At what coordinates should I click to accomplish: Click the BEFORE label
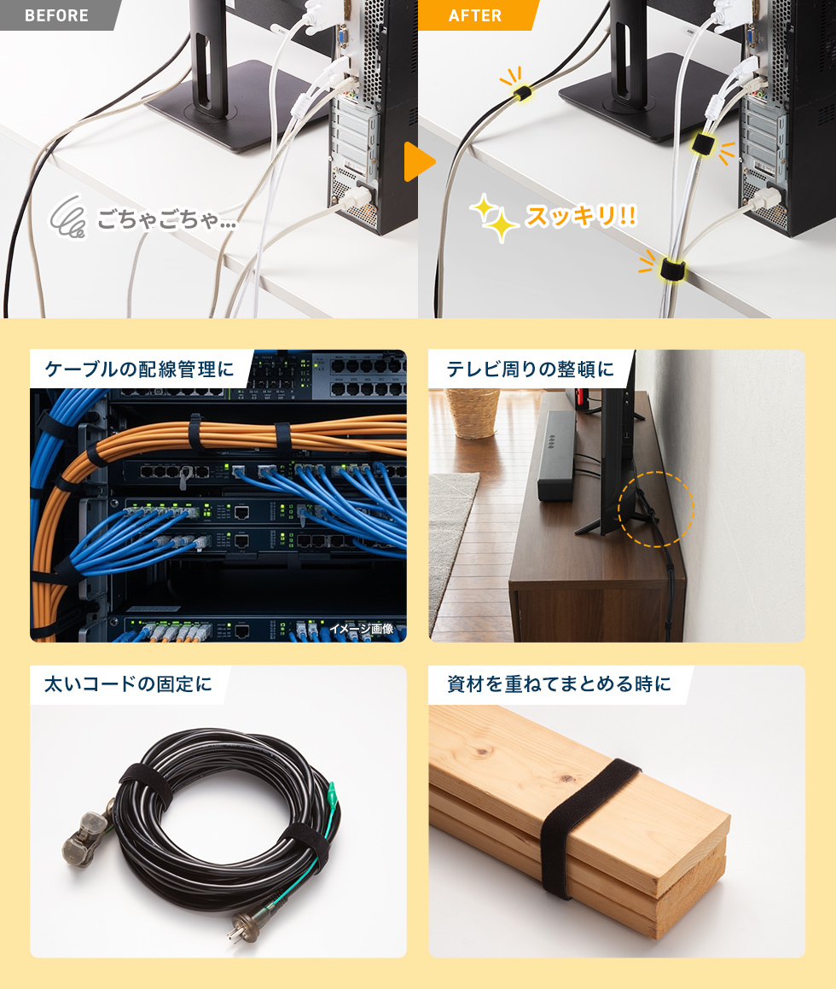pyautogui.click(x=56, y=15)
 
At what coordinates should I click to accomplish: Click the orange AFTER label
pyautogui.click(x=475, y=15)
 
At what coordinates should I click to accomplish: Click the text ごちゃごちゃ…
pyautogui.click(x=166, y=219)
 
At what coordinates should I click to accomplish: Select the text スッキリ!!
pyautogui.click(x=581, y=216)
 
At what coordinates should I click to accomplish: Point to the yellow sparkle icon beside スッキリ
pyautogui.click(x=494, y=218)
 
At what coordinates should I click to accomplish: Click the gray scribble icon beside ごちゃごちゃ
pyautogui.click(x=69, y=217)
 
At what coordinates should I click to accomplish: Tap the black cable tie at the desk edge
pyautogui.click(x=672, y=270)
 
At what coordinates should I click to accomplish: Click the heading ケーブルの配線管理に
pyautogui.click(x=139, y=369)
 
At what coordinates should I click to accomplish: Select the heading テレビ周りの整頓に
pyautogui.click(x=531, y=369)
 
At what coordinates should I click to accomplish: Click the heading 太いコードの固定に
pyautogui.click(x=128, y=684)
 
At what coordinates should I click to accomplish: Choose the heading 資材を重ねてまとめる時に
pyautogui.click(x=560, y=684)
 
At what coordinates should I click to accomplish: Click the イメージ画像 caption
pyautogui.click(x=361, y=629)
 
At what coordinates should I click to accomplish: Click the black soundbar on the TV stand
pyautogui.click(x=557, y=456)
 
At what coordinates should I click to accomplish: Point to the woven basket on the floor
pyautogui.click(x=473, y=413)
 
